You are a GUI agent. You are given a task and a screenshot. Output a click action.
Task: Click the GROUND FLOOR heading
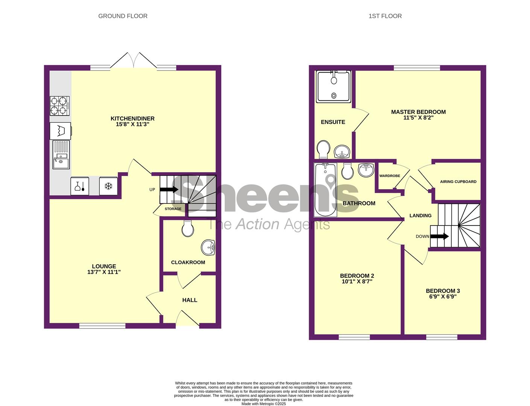click(x=123, y=16)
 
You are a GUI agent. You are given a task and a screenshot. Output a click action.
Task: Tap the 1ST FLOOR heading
click(x=385, y=16)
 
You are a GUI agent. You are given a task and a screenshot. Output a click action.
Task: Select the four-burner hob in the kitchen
click(x=60, y=106)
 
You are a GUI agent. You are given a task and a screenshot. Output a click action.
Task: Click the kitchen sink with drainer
click(x=61, y=155)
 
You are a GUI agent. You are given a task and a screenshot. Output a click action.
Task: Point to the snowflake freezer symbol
click(x=108, y=186)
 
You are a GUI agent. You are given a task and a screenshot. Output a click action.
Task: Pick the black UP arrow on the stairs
click(x=169, y=189)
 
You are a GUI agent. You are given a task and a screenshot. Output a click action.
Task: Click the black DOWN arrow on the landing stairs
click(x=439, y=236)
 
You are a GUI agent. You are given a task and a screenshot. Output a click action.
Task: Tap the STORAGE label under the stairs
click(x=173, y=209)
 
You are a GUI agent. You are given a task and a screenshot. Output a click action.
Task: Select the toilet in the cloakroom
click(x=188, y=229)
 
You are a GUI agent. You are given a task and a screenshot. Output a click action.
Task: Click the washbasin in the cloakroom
click(x=208, y=248)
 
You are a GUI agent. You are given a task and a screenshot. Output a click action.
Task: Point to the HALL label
click(x=190, y=300)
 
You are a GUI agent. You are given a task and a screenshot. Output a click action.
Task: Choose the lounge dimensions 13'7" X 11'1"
click(x=104, y=272)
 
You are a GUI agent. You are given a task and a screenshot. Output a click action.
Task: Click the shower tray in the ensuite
click(x=334, y=87)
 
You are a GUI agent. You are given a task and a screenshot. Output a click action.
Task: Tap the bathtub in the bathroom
click(x=325, y=190)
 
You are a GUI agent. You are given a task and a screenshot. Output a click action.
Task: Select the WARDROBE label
click(x=390, y=176)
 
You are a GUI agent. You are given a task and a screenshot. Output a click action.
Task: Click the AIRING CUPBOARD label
click(x=458, y=182)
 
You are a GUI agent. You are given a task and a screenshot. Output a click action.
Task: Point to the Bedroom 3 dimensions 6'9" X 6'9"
click(x=443, y=297)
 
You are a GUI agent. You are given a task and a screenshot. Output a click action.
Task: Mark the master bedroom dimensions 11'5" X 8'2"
click(x=418, y=118)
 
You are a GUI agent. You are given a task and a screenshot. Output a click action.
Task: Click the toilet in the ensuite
click(x=323, y=149)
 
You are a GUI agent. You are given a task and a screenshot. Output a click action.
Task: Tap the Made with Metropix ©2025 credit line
click(x=263, y=404)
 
